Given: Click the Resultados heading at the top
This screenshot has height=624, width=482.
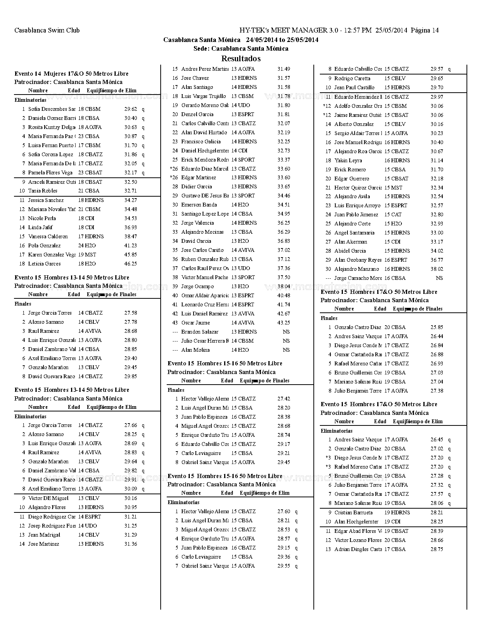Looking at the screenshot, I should pyautogui.click(x=241, y=59).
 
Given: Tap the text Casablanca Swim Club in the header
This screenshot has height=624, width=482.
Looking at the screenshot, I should pyautogui.click(x=47, y=30).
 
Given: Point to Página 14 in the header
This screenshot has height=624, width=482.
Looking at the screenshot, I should pyautogui.click(x=425, y=30).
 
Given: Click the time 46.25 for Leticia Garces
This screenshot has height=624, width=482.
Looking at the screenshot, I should pyautogui.click(x=130, y=264).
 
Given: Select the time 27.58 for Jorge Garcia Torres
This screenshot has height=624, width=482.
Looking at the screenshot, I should pyautogui.click(x=130, y=313).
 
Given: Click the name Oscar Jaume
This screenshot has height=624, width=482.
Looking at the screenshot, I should pyautogui.click(x=195, y=323).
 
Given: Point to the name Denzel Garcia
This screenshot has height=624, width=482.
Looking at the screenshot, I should pyautogui.click(x=197, y=114).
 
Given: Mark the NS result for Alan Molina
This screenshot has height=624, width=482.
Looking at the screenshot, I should pyautogui.click(x=286, y=350).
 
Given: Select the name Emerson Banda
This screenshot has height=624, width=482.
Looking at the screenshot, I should pyautogui.click(x=199, y=205).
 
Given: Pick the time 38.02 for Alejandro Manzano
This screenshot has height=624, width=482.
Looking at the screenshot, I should pyautogui.click(x=437, y=269).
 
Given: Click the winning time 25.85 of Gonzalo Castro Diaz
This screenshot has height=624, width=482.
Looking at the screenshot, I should pyautogui.click(x=437, y=327).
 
